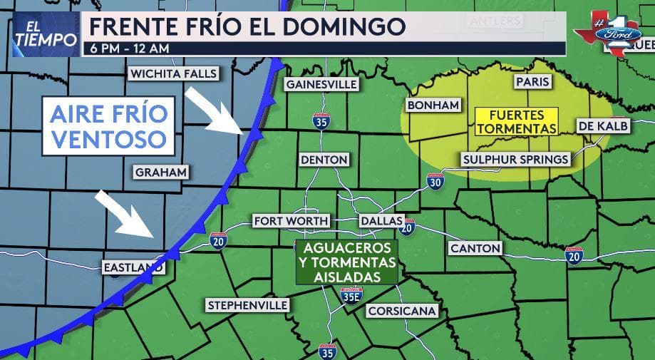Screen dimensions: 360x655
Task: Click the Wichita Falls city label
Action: click(x=174, y=74)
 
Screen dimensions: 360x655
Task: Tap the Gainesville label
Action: click(x=321, y=84)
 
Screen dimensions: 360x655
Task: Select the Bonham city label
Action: click(x=432, y=106)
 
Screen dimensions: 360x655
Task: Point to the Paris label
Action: click(x=532, y=82)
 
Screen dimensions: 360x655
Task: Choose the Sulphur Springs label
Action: click(x=516, y=159)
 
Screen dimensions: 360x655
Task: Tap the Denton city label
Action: click(x=324, y=160)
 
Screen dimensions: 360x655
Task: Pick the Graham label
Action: click(x=160, y=173)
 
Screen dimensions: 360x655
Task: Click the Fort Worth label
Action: click(x=291, y=221)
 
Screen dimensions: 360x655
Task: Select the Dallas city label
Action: click(x=381, y=221)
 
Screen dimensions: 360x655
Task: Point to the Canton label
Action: click(x=475, y=248)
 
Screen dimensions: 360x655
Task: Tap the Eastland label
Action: click(x=133, y=267)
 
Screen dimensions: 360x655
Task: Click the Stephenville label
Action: click(x=247, y=305)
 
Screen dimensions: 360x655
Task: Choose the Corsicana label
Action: click(x=401, y=312)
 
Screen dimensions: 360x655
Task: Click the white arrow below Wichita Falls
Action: click(x=215, y=111)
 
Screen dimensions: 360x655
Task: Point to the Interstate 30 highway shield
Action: click(x=434, y=182)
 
